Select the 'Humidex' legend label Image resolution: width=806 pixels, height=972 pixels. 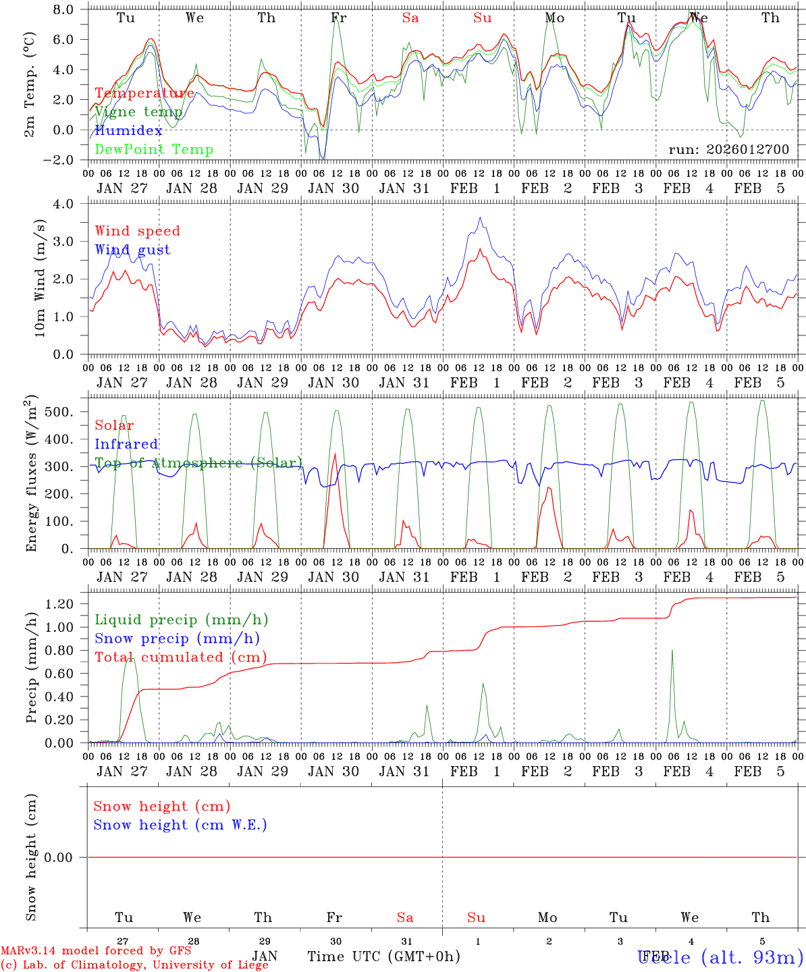(x=128, y=131)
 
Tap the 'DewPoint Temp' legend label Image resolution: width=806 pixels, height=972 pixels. (x=154, y=150)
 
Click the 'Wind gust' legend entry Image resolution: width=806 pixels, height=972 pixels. (x=132, y=250)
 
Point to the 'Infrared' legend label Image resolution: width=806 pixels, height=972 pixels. (x=126, y=444)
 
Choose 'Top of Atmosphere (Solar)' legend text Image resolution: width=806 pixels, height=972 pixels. (x=198, y=463)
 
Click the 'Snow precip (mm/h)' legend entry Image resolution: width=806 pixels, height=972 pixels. (x=177, y=639)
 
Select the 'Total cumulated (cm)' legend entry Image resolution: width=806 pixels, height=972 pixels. (x=180, y=657)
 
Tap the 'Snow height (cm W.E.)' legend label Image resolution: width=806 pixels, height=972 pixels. (x=180, y=825)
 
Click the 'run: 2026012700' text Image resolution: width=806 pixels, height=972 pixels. (x=728, y=150)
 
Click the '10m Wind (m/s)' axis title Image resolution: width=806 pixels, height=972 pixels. (x=39, y=278)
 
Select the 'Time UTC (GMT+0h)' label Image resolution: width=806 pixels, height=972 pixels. (x=383, y=956)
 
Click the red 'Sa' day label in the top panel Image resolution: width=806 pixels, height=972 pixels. (x=410, y=18)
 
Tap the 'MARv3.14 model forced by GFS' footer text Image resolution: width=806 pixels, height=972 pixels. (x=96, y=951)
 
